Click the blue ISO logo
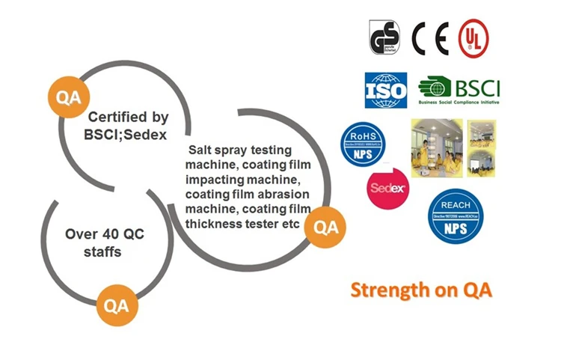point(385,90)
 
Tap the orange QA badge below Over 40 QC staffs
point(116,305)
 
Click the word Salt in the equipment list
point(201,150)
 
